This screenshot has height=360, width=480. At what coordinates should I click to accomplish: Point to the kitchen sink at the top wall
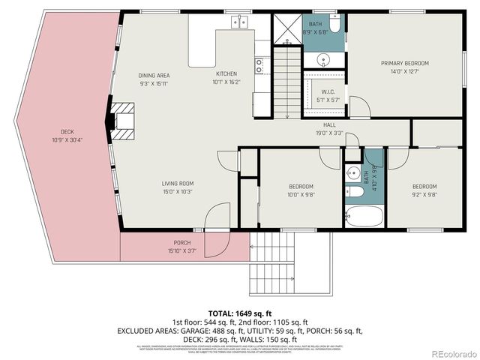point(241,22)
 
